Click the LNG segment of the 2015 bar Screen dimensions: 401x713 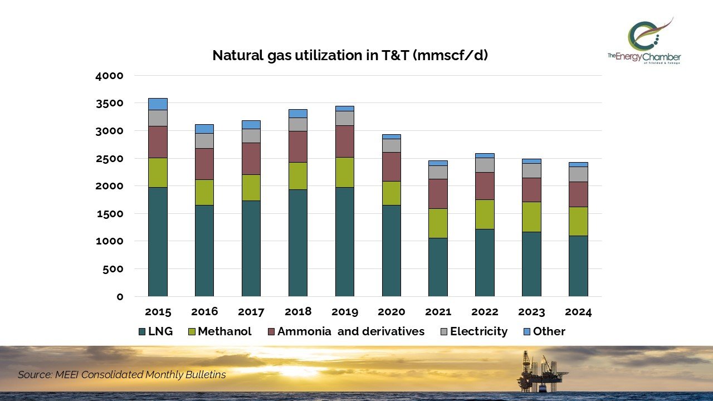point(158,241)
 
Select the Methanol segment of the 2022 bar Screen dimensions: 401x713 point(485,214)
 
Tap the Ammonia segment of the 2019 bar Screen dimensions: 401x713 point(344,141)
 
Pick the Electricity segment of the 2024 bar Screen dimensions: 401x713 point(578,174)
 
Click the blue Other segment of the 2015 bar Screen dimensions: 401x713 point(158,104)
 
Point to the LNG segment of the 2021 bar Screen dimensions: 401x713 point(438,267)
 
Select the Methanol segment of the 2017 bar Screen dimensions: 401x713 point(251,188)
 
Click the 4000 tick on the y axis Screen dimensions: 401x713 point(113,76)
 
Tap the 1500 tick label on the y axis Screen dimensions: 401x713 point(113,214)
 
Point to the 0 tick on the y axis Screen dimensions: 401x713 point(120,296)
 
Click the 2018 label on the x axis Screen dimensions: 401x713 point(298,311)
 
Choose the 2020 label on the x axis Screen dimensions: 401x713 point(391,311)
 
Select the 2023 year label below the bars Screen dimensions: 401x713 point(531,311)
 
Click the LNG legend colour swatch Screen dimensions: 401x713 point(142,332)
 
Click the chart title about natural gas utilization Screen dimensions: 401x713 point(350,55)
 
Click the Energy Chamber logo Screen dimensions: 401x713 point(645,41)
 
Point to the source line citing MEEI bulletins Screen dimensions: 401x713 point(122,375)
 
